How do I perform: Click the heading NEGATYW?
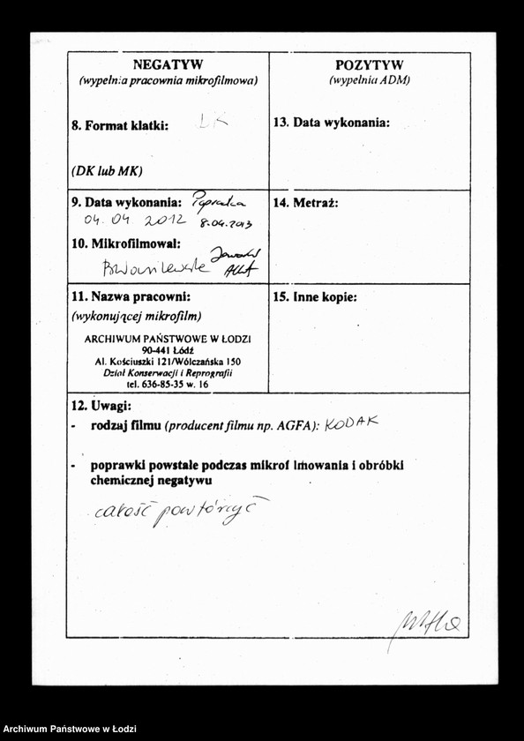point(168,64)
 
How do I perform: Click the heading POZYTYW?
point(370,64)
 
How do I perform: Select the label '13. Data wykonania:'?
point(331,123)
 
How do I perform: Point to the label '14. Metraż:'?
point(305,203)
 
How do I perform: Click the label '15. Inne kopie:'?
point(315,297)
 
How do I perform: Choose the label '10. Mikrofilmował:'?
point(126,243)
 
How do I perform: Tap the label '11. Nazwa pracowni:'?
point(131,297)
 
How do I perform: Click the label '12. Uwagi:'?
point(101,406)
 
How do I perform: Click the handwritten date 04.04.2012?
point(135,220)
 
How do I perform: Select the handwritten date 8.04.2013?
point(226,224)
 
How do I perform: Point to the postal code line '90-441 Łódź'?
point(168,350)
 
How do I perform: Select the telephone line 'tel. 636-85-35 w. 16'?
point(168,385)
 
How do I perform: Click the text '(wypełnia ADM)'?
point(370,80)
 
